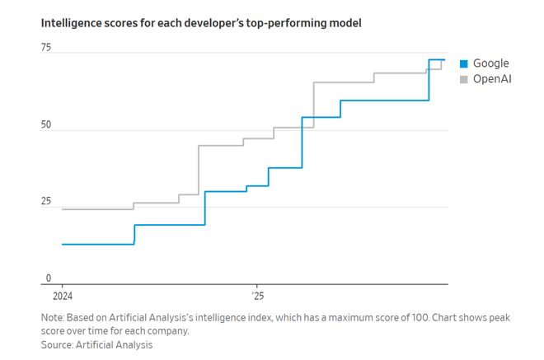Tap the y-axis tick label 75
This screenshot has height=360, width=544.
click(46, 48)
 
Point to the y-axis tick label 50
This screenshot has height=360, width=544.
click(46, 125)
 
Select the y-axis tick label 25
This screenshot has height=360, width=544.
click(46, 202)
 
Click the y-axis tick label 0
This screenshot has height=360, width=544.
click(48, 278)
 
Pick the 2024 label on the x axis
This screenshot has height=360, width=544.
click(63, 296)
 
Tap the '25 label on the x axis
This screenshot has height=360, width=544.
click(257, 296)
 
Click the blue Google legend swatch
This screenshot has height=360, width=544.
click(463, 63)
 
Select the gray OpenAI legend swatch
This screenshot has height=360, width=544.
click(463, 79)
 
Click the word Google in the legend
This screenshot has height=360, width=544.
click(491, 63)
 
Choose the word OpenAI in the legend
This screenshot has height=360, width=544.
click(494, 79)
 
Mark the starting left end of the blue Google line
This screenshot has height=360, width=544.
click(62, 244)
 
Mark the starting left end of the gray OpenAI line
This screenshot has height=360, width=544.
click(62, 209)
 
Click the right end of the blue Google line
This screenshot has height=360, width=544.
click(445, 59)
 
